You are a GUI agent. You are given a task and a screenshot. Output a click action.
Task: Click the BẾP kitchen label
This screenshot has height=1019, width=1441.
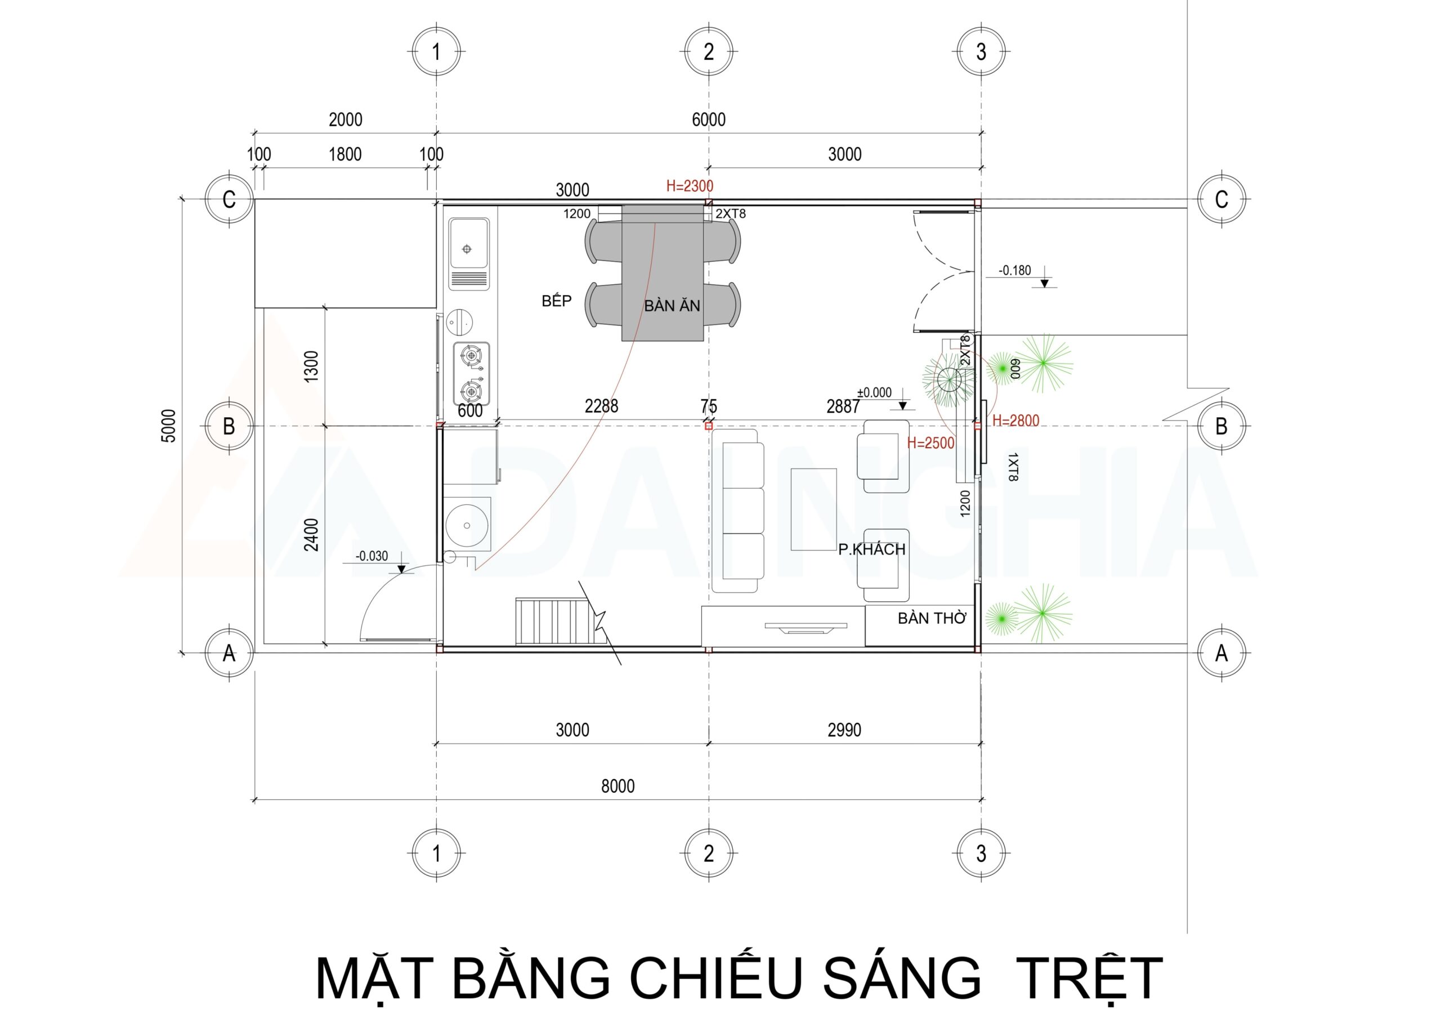click(556, 301)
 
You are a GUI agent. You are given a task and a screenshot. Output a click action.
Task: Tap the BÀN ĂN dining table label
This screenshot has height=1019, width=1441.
click(672, 306)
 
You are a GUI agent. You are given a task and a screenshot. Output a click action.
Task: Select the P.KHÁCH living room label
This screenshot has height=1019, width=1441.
click(871, 549)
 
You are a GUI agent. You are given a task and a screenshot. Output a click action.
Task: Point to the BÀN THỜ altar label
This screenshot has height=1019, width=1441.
click(932, 618)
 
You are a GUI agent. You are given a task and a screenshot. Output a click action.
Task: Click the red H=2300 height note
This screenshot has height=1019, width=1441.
click(689, 186)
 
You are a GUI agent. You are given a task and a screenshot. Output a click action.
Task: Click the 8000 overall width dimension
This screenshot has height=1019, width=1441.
click(617, 786)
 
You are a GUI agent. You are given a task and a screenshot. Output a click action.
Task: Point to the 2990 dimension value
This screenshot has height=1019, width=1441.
click(844, 730)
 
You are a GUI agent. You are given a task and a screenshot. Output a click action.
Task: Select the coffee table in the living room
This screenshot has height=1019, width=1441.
click(813, 509)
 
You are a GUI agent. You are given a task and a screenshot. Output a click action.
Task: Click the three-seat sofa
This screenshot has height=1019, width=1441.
click(743, 511)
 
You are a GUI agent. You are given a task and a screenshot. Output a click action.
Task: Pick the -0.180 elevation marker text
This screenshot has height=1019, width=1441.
click(1015, 271)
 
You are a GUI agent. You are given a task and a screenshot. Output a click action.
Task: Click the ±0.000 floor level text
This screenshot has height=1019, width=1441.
click(874, 392)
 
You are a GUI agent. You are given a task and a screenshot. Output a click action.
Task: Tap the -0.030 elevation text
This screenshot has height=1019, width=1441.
click(372, 556)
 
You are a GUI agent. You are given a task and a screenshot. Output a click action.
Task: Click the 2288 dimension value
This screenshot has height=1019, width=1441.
click(601, 406)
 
